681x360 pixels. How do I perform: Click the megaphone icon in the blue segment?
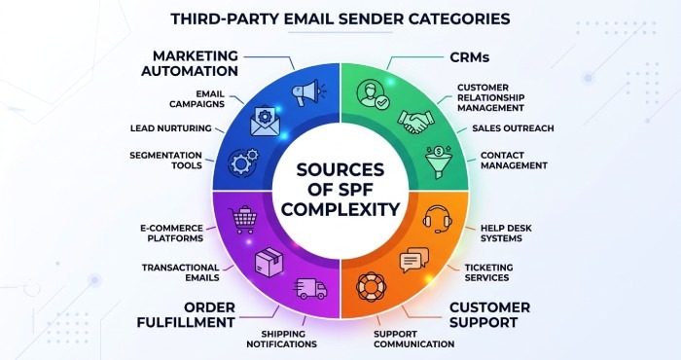point(308,92)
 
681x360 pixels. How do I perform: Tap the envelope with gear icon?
point(266,122)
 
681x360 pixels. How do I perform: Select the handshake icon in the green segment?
point(416,122)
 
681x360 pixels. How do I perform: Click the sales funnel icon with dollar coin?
point(439,162)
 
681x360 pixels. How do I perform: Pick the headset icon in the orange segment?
point(438,219)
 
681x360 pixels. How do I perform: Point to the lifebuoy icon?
point(371,287)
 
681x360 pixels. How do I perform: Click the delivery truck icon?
point(310,289)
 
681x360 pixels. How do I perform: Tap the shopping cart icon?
point(242,220)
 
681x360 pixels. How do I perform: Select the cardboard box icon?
point(269,263)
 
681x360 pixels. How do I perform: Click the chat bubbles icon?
point(413,260)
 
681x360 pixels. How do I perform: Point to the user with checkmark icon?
point(373,94)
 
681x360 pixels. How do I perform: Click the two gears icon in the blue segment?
point(243,162)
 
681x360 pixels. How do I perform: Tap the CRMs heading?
point(470,56)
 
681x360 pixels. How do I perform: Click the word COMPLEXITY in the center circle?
point(340,209)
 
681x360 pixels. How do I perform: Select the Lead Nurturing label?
point(170,128)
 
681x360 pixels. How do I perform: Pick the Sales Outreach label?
point(513,128)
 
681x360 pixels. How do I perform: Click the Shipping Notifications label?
point(281,340)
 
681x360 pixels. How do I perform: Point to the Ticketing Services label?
point(488,272)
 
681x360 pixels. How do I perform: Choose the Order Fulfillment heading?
point(186,315)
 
